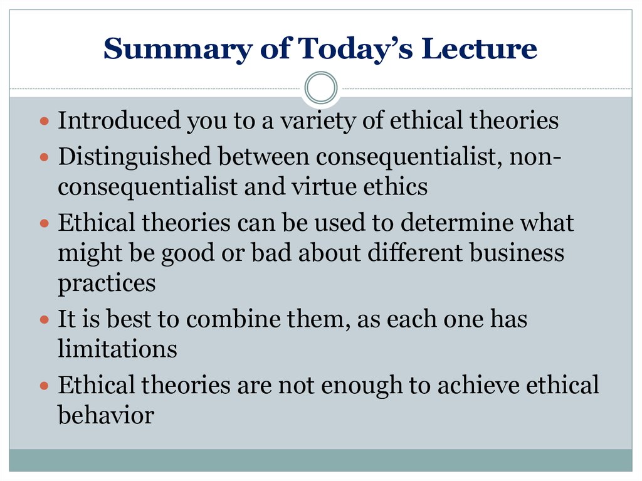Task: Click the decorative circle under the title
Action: click(x=321, y=88)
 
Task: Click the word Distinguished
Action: click(x=134, y=157)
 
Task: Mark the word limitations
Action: click(x=117, y=349)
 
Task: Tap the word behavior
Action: click(x=106, y=415)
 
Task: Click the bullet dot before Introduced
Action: click(x=45, y=121)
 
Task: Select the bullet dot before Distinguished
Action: click(x=45, y=157)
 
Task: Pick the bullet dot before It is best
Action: click(x=45, y=320)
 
